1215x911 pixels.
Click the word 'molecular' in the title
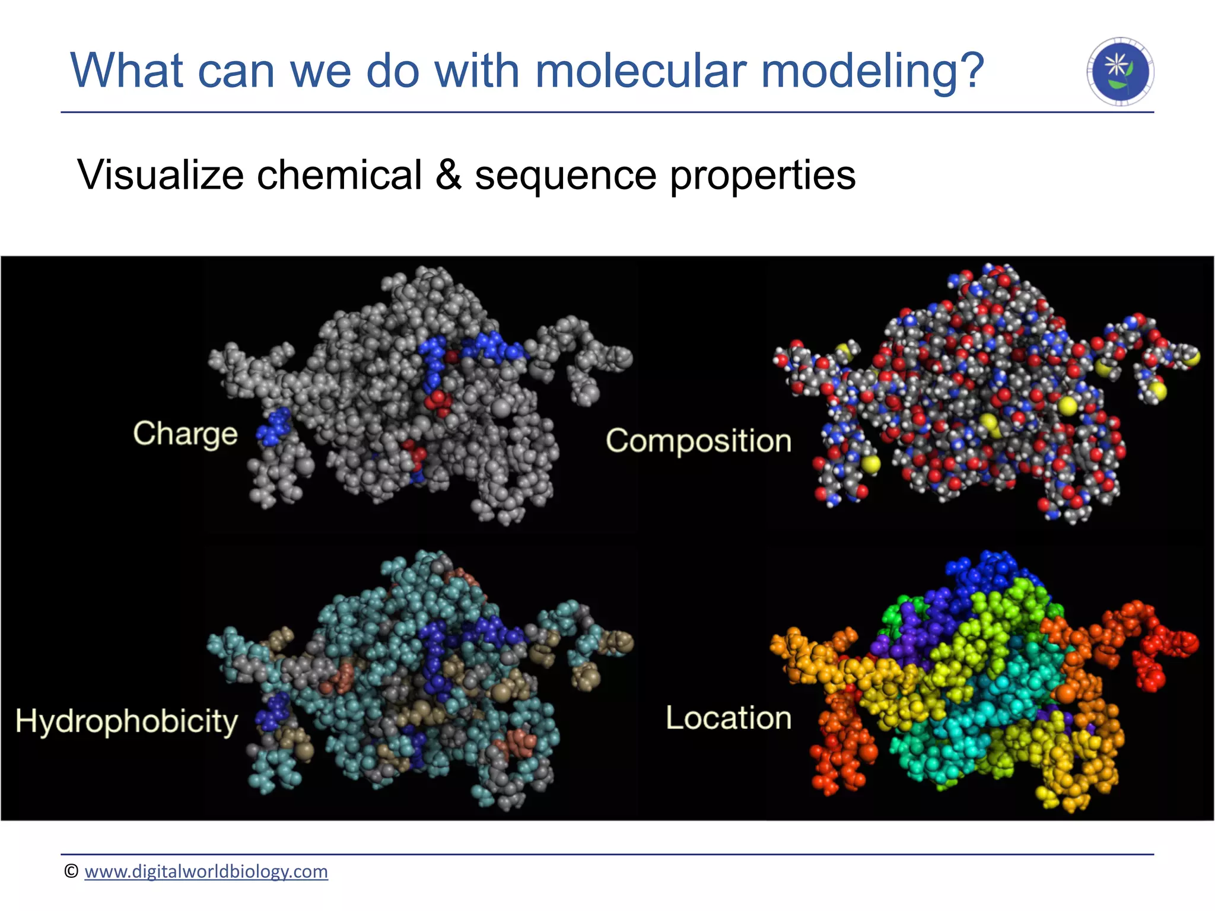pyautogui.click(x=640, y=71)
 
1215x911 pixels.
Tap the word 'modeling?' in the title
pyautogui.click(x=872, y=71)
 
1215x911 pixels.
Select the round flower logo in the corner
pyautogui.click(x=1120, y=72)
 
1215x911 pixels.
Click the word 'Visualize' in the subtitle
pyautogui.click(x=160, y=175)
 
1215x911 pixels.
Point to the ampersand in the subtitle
pyautogui.click(x=448, y=175)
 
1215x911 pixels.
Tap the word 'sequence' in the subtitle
pyautogui.click(x=565, y=175)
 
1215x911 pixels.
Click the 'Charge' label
pyautogui.click(x=185, y=434)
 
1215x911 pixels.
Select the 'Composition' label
pyautogui.click(x=698, y=441)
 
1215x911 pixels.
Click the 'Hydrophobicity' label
pyautogui.click(x=126, y=722)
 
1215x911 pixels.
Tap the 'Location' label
pyautogui.click(x=729, y=718)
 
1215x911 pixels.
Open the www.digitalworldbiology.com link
pyautogui.click(x=206, y=871)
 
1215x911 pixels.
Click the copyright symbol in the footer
pyautogui.click(x=71, y=871)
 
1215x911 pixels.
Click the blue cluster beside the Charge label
pyautogui.click(x=274, y=426)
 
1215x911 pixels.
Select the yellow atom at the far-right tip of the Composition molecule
pyautogui.click(x=1191, y=357)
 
